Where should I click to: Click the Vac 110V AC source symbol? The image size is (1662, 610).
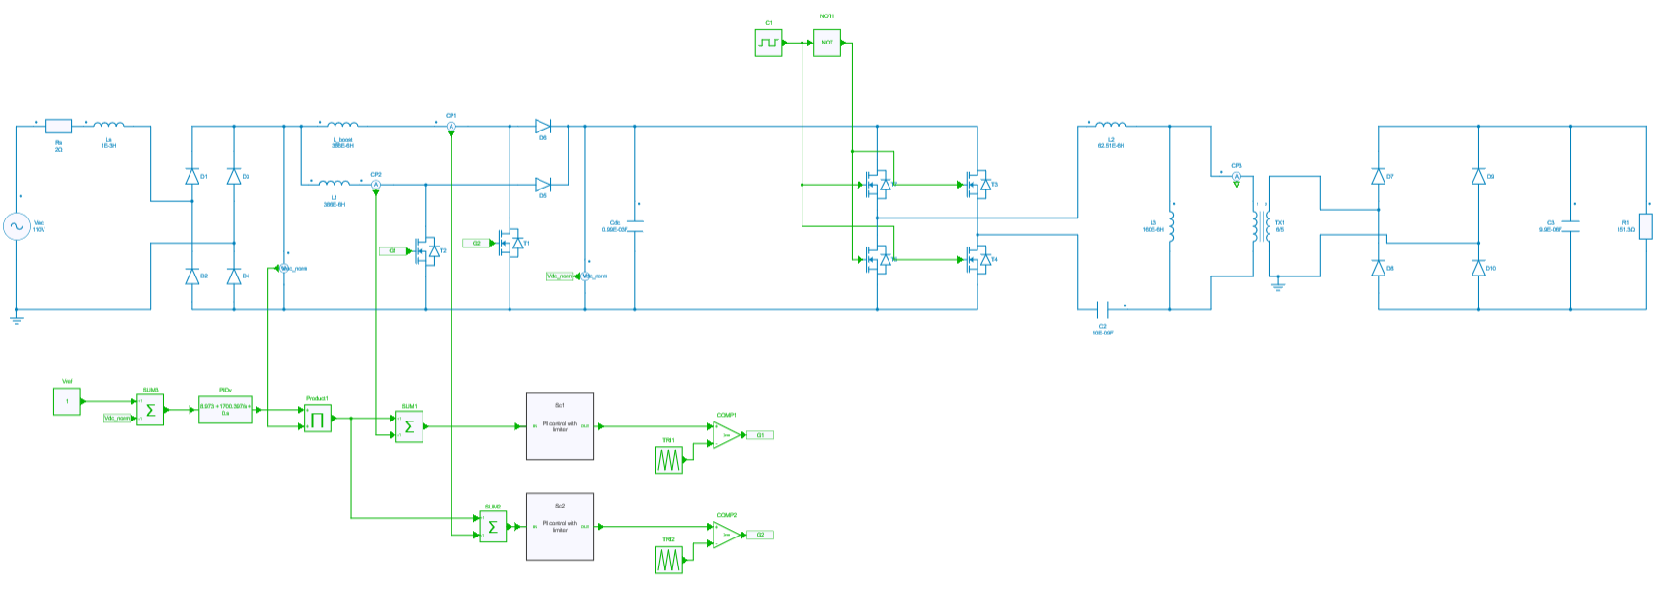coord(16,227)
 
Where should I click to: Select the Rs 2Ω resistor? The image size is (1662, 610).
coord(58,126)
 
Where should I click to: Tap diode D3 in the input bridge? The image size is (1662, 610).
coord(233,176)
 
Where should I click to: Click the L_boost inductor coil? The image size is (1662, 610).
coord(342,125)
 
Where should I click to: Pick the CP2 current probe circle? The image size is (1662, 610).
coord(376,184)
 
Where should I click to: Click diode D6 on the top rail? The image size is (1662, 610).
coord(542,126)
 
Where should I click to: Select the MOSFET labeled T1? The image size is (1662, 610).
coord(510,243)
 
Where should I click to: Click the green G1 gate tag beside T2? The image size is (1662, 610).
coord(393,250)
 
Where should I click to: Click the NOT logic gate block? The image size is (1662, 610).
coord(827,43)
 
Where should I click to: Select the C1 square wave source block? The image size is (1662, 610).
coord(769,43)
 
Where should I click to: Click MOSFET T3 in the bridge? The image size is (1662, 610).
coord(978,184)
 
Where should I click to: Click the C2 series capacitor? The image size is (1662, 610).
coord(1103,309)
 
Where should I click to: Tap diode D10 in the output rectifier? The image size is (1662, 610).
coord(1477,268)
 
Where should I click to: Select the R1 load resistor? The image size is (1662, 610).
coord(1646,226)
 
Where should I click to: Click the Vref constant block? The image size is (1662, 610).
coord(67,401)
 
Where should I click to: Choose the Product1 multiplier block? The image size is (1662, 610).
coord(317,419)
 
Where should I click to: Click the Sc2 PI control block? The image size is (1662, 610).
coord(560,527)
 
